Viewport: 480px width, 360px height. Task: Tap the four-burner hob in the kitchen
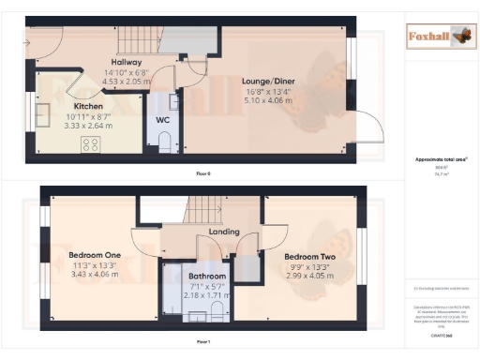coord(92,143)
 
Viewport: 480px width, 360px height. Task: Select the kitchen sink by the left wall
coord(42,115)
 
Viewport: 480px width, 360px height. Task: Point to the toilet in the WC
coord(165,142)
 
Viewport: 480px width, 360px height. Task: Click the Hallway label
coord(126,62)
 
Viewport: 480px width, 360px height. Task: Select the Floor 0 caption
coord(202,174)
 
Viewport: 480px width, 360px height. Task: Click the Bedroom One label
coord(95,255)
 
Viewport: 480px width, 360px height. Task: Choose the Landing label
coord(224,232)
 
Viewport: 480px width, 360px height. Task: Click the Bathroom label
coord(207,277)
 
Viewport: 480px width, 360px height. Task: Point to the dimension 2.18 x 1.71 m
coord(207,294)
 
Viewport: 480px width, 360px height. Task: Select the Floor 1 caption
coord(202,341)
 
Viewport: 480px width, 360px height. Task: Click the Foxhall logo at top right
coord(439,37)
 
